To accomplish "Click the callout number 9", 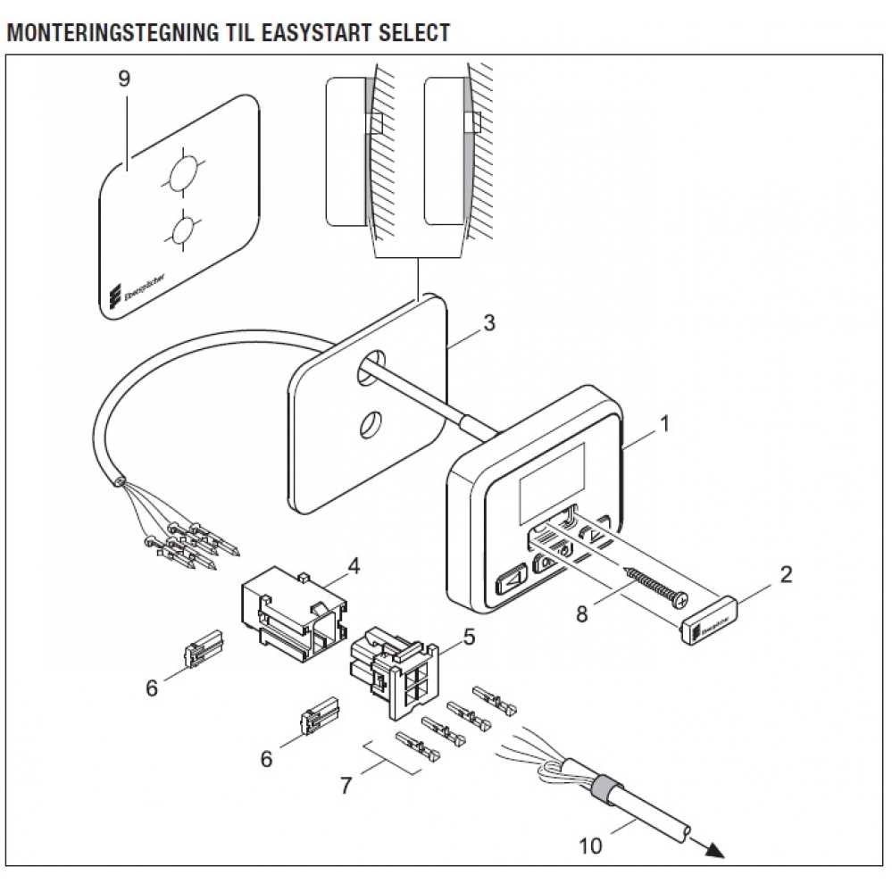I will point(124,79).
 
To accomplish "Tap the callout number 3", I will point(488,322).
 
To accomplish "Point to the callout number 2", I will point(786,574).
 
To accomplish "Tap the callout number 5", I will point(469,638).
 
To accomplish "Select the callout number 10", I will point(590,845).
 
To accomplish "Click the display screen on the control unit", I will point(550,486).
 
